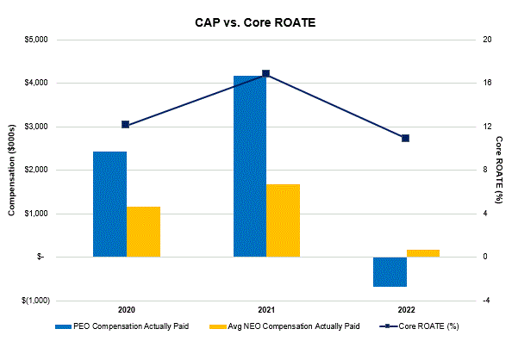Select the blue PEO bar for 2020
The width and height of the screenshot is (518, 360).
coord(109,204)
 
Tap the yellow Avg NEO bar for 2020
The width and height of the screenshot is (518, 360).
coord(143,232)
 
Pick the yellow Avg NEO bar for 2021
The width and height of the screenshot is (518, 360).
coord(283,220)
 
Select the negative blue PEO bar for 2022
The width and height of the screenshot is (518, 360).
coord(390,271)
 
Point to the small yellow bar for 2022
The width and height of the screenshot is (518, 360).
coord(423,253)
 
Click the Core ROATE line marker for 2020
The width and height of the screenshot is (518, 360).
coord(126,124)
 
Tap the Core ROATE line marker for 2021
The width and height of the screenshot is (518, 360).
coord(266,73)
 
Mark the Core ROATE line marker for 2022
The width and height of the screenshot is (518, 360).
coord(406,138)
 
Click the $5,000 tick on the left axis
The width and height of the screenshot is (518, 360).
coord(34,40)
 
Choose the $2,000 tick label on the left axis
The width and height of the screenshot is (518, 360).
coord(34,170)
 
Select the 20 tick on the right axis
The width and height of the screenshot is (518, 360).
coord(488,40)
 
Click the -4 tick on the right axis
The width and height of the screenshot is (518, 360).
coord(488,301)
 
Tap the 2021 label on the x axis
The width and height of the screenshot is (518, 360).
coord(266,309)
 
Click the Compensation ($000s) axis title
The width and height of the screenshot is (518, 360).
coord(12,170)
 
